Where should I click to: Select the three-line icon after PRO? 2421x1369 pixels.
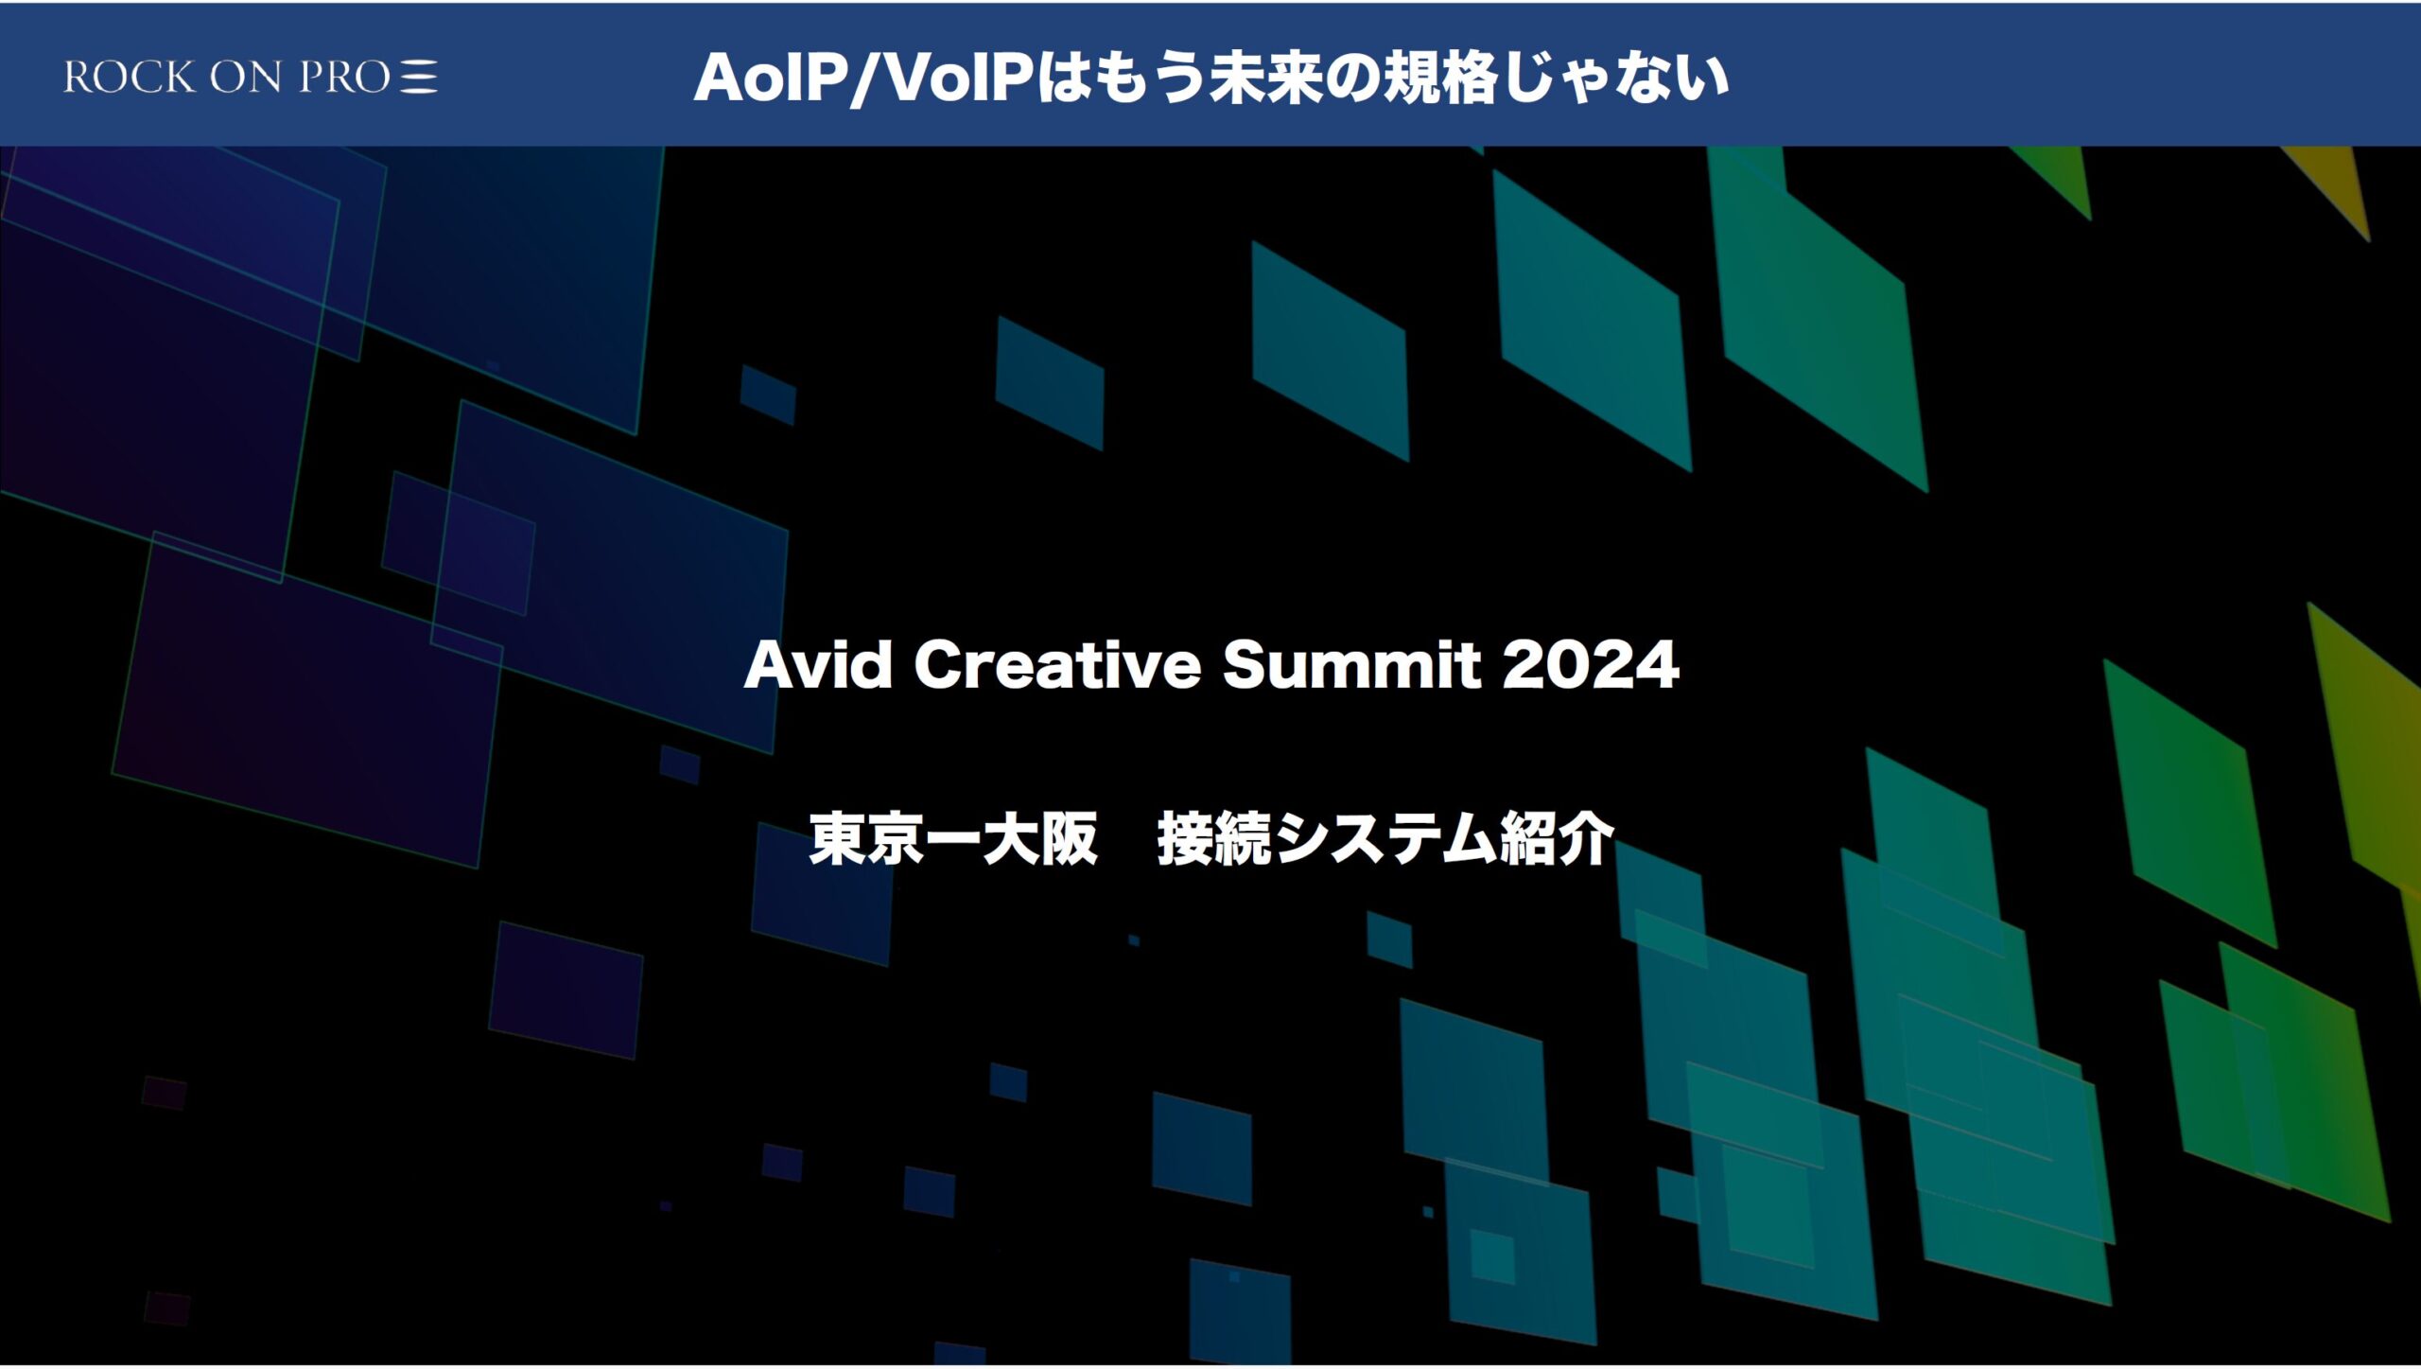tap(419, 77)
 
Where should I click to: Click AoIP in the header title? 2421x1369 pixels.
tap(771, 78)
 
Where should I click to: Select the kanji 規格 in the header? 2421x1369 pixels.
tap(1438, 78)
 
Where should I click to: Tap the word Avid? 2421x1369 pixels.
tap(818, 664)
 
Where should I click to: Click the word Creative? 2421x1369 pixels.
tap(1057, 664)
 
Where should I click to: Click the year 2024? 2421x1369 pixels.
tap(1590, 664)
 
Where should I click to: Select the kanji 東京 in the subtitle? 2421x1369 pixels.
tap(866, 838)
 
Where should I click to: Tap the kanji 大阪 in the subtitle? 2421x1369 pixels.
tap(1039, 838)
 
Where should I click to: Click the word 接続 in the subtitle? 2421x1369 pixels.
tap(1214, 838)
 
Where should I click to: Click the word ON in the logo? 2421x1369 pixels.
tap(246, 77)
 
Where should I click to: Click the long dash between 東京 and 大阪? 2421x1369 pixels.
tap(953, 839)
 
